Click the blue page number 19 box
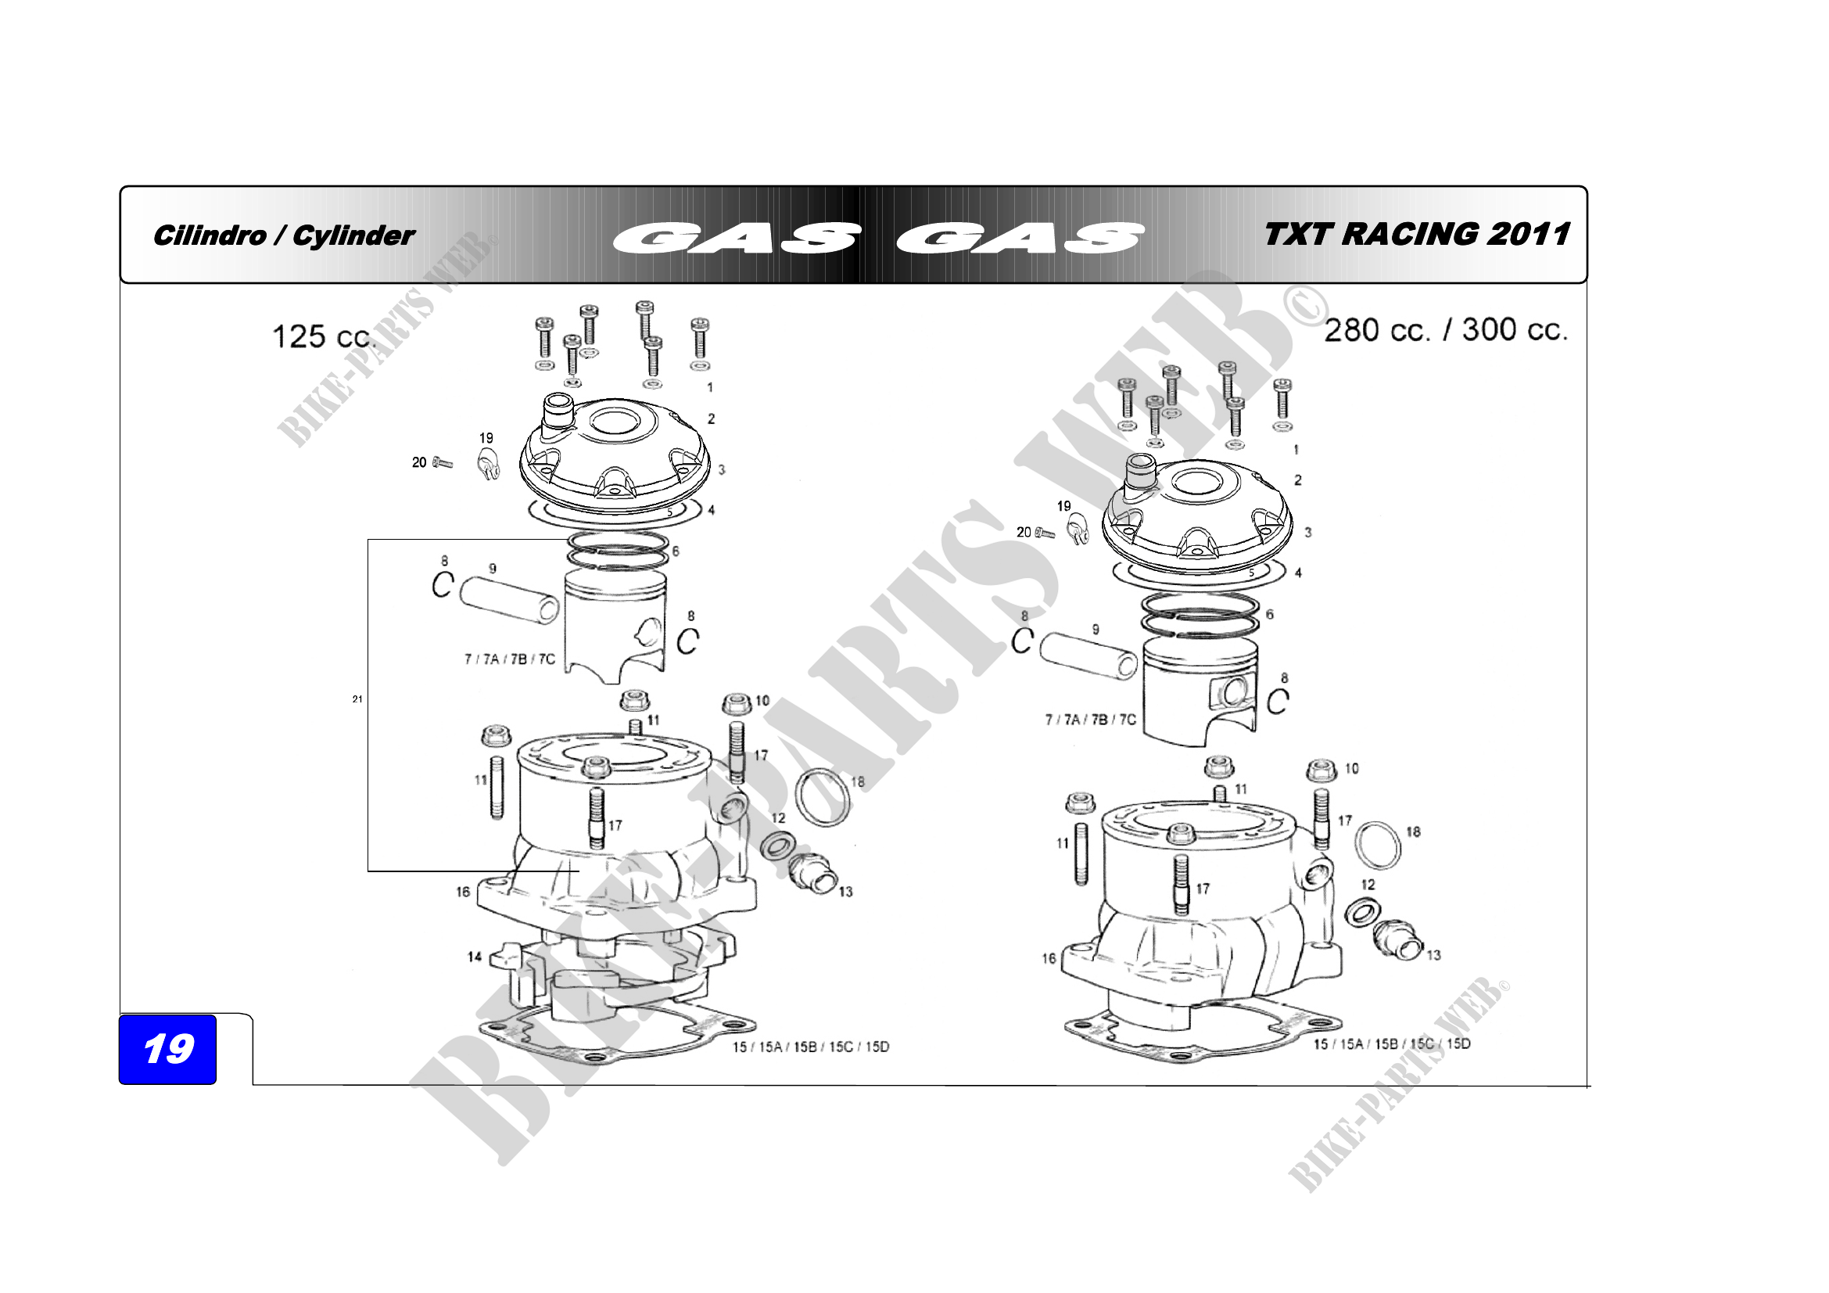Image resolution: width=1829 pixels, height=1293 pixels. point(167,1048)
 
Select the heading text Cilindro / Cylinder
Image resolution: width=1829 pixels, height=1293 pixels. point(284,235)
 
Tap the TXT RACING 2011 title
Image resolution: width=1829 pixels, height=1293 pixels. point(1417,234)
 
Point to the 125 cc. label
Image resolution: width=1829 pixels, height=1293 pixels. point(323,337)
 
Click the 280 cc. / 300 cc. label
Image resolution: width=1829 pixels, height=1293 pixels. point(1446,330)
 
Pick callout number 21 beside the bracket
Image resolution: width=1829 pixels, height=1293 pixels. point(357,699)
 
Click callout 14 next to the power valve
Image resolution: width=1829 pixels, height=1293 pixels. point(474,957)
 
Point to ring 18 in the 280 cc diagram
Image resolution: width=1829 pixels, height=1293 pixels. point(1378,846)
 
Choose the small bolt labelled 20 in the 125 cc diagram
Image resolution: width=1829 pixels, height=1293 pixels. point(442,463)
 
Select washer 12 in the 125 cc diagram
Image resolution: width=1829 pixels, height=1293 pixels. point(776,846)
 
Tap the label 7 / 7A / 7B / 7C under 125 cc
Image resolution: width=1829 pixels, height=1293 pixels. point(510,659)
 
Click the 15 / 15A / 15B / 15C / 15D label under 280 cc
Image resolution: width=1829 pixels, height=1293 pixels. point(1392,1043)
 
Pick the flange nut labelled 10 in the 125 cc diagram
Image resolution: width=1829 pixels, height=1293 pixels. point(736,704)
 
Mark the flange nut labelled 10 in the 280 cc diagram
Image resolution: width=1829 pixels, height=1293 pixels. point(1322,770)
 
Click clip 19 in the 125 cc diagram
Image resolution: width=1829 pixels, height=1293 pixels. point(488,464)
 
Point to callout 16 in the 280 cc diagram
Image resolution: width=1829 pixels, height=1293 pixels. point(1049,958)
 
